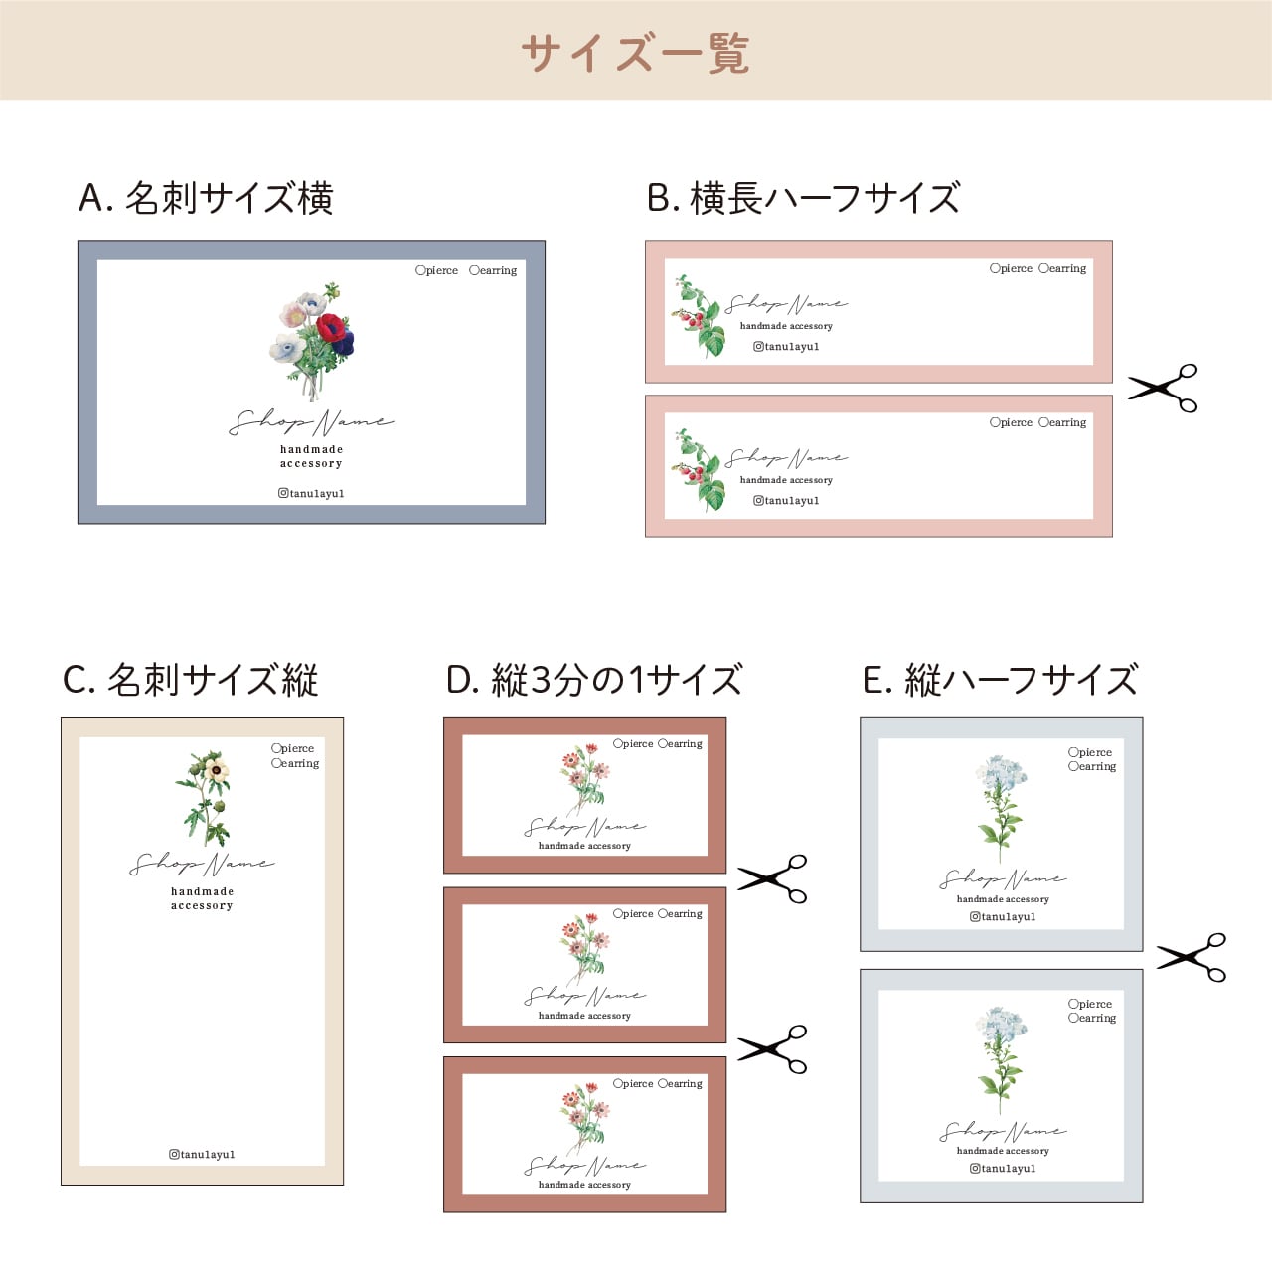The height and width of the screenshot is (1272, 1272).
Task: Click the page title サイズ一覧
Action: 635,52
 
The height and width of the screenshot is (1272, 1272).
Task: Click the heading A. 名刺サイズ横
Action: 206,198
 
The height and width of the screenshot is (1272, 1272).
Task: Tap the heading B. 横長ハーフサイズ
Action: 803,198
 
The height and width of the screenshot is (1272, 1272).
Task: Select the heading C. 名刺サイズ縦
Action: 190,680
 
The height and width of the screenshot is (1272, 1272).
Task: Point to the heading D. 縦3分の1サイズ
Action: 593,680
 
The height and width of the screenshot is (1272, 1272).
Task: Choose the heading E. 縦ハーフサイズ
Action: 999,680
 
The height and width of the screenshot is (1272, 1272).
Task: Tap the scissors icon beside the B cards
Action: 1163,388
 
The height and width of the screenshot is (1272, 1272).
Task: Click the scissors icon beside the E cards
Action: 1191,957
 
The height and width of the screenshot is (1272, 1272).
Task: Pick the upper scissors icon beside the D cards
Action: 772,878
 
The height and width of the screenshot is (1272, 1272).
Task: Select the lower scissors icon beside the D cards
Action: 772,1049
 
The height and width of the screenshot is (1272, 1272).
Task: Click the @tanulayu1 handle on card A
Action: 311,493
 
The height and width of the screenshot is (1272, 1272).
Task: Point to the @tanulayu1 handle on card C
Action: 202,1154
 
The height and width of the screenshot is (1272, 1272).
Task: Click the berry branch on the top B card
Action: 700,317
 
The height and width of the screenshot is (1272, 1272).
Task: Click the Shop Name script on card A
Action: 311,422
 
